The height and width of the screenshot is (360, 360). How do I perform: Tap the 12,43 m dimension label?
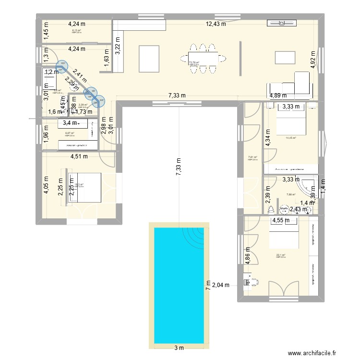click(216, 24)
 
